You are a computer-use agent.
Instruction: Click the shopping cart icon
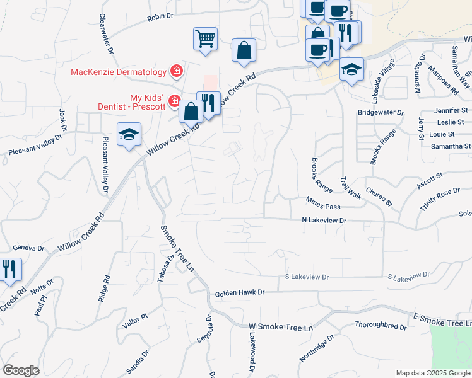[206, 38]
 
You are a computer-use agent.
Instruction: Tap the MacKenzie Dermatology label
[119, 72]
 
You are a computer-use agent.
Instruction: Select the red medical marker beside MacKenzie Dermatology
[177, 71]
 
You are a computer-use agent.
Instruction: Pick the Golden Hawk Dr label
[239, 293]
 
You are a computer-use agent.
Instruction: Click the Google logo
[21, 370]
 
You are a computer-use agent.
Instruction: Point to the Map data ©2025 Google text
[432, 373]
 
